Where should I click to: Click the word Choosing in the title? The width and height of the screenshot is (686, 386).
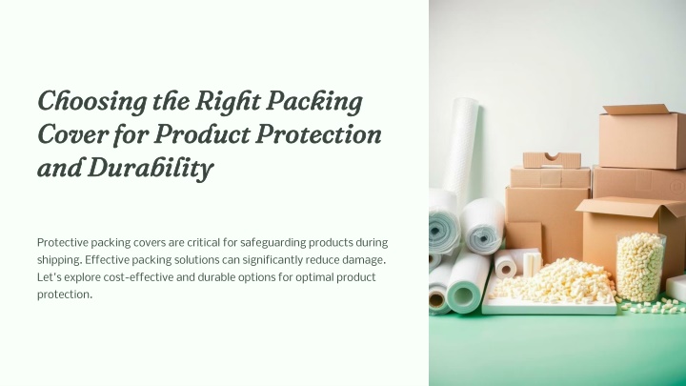coord(92,102)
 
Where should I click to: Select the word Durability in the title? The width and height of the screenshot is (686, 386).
coord(151,168)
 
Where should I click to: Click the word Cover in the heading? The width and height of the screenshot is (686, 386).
coord(72,134)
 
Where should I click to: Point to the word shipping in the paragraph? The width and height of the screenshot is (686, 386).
coord(59,260)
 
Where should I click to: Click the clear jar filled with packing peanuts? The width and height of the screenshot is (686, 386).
coord(640,266)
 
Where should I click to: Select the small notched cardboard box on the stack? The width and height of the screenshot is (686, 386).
coord(552,160)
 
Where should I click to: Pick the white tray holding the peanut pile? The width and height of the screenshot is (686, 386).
coord(550,305)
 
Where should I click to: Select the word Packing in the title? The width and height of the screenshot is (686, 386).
coord(314,102)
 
